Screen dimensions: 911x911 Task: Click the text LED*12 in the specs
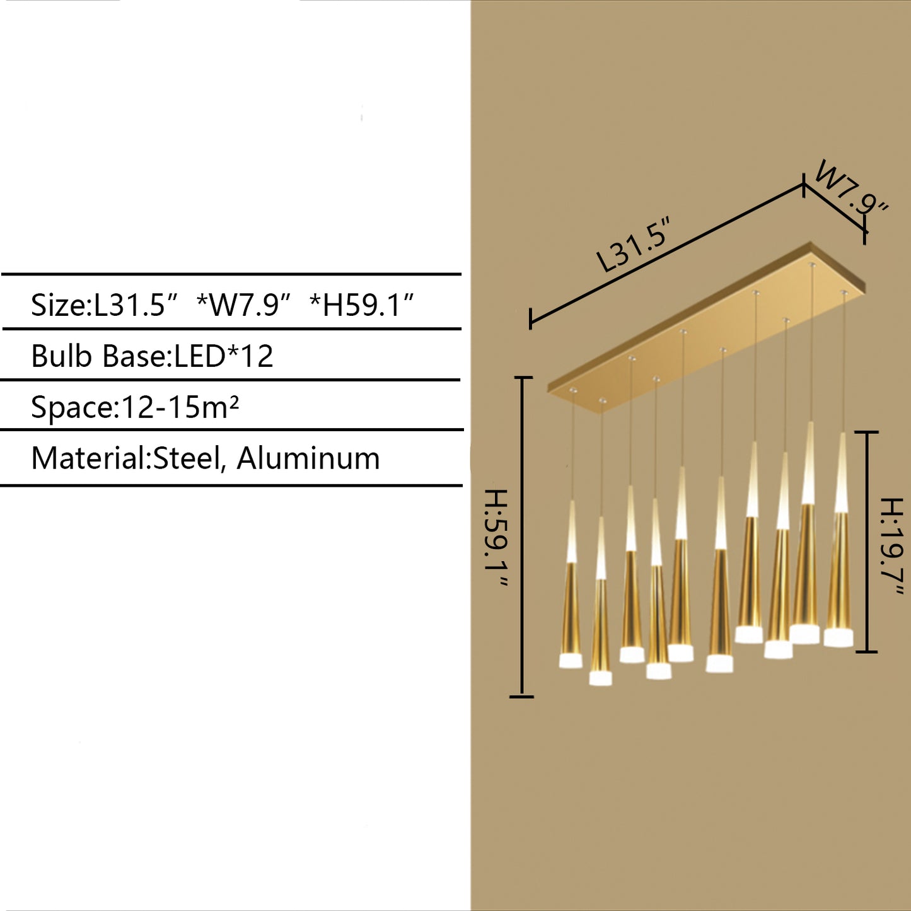point(224,356)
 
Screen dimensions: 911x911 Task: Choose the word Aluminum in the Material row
point(308,458)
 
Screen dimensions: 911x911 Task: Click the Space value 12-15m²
point(180,407)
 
